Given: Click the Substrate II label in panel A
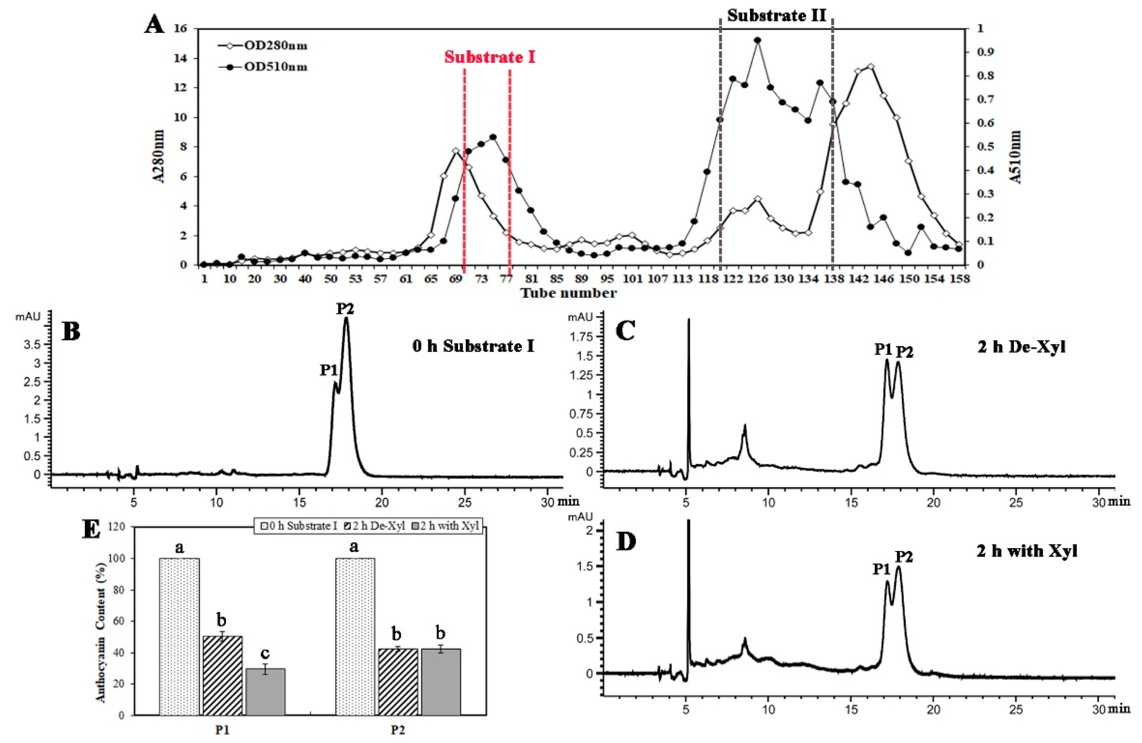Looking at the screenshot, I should [776, 16].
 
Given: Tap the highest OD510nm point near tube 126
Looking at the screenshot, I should [758, 40].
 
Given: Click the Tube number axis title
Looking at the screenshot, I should [568, 293].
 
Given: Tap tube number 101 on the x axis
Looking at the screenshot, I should [632, 279].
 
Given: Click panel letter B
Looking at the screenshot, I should [71, 332].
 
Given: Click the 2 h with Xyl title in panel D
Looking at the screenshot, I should [1027, 551].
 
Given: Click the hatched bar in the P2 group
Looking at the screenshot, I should [397, 682].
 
